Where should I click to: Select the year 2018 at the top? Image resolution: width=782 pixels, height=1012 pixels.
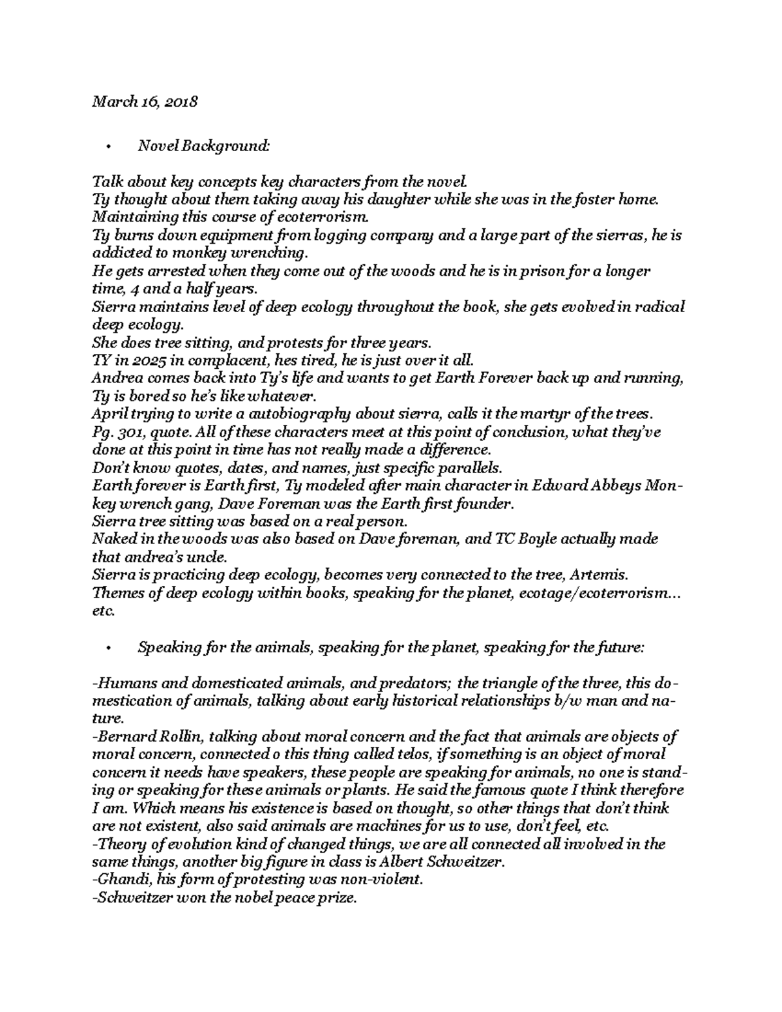click(182, 102)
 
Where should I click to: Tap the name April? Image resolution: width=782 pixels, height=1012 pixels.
click(108, 414)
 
